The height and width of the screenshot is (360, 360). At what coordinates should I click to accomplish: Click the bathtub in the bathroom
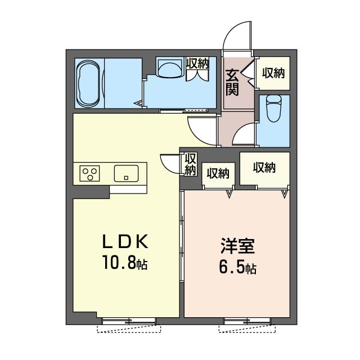click(x=89, y=84)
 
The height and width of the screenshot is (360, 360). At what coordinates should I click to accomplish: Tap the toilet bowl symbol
click(x=274, y=108)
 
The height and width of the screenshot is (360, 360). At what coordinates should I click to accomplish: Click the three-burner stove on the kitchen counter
click(x=90, y=173)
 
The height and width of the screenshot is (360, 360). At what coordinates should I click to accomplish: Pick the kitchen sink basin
click(x=126, y=173)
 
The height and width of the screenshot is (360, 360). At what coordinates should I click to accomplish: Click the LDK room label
click(x=125, y=242)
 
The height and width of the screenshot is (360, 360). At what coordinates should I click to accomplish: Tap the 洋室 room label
click(x=237, y=246)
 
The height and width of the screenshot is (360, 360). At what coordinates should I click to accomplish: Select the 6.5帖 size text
click(x=238, y=267)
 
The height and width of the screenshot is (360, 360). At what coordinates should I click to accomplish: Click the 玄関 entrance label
click(x=232, y=82)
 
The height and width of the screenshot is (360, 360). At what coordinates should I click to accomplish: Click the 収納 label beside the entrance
click(x=273, y=73)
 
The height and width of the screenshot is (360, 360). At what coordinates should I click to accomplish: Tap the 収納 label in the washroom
click(x=197, y=63)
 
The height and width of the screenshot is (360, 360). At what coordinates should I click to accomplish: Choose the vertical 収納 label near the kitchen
click(x=190, y=164)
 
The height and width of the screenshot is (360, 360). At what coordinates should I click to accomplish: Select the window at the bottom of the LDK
click(x=129, y=321)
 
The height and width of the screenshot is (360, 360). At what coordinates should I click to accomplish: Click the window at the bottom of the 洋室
click(x=247, y=321)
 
